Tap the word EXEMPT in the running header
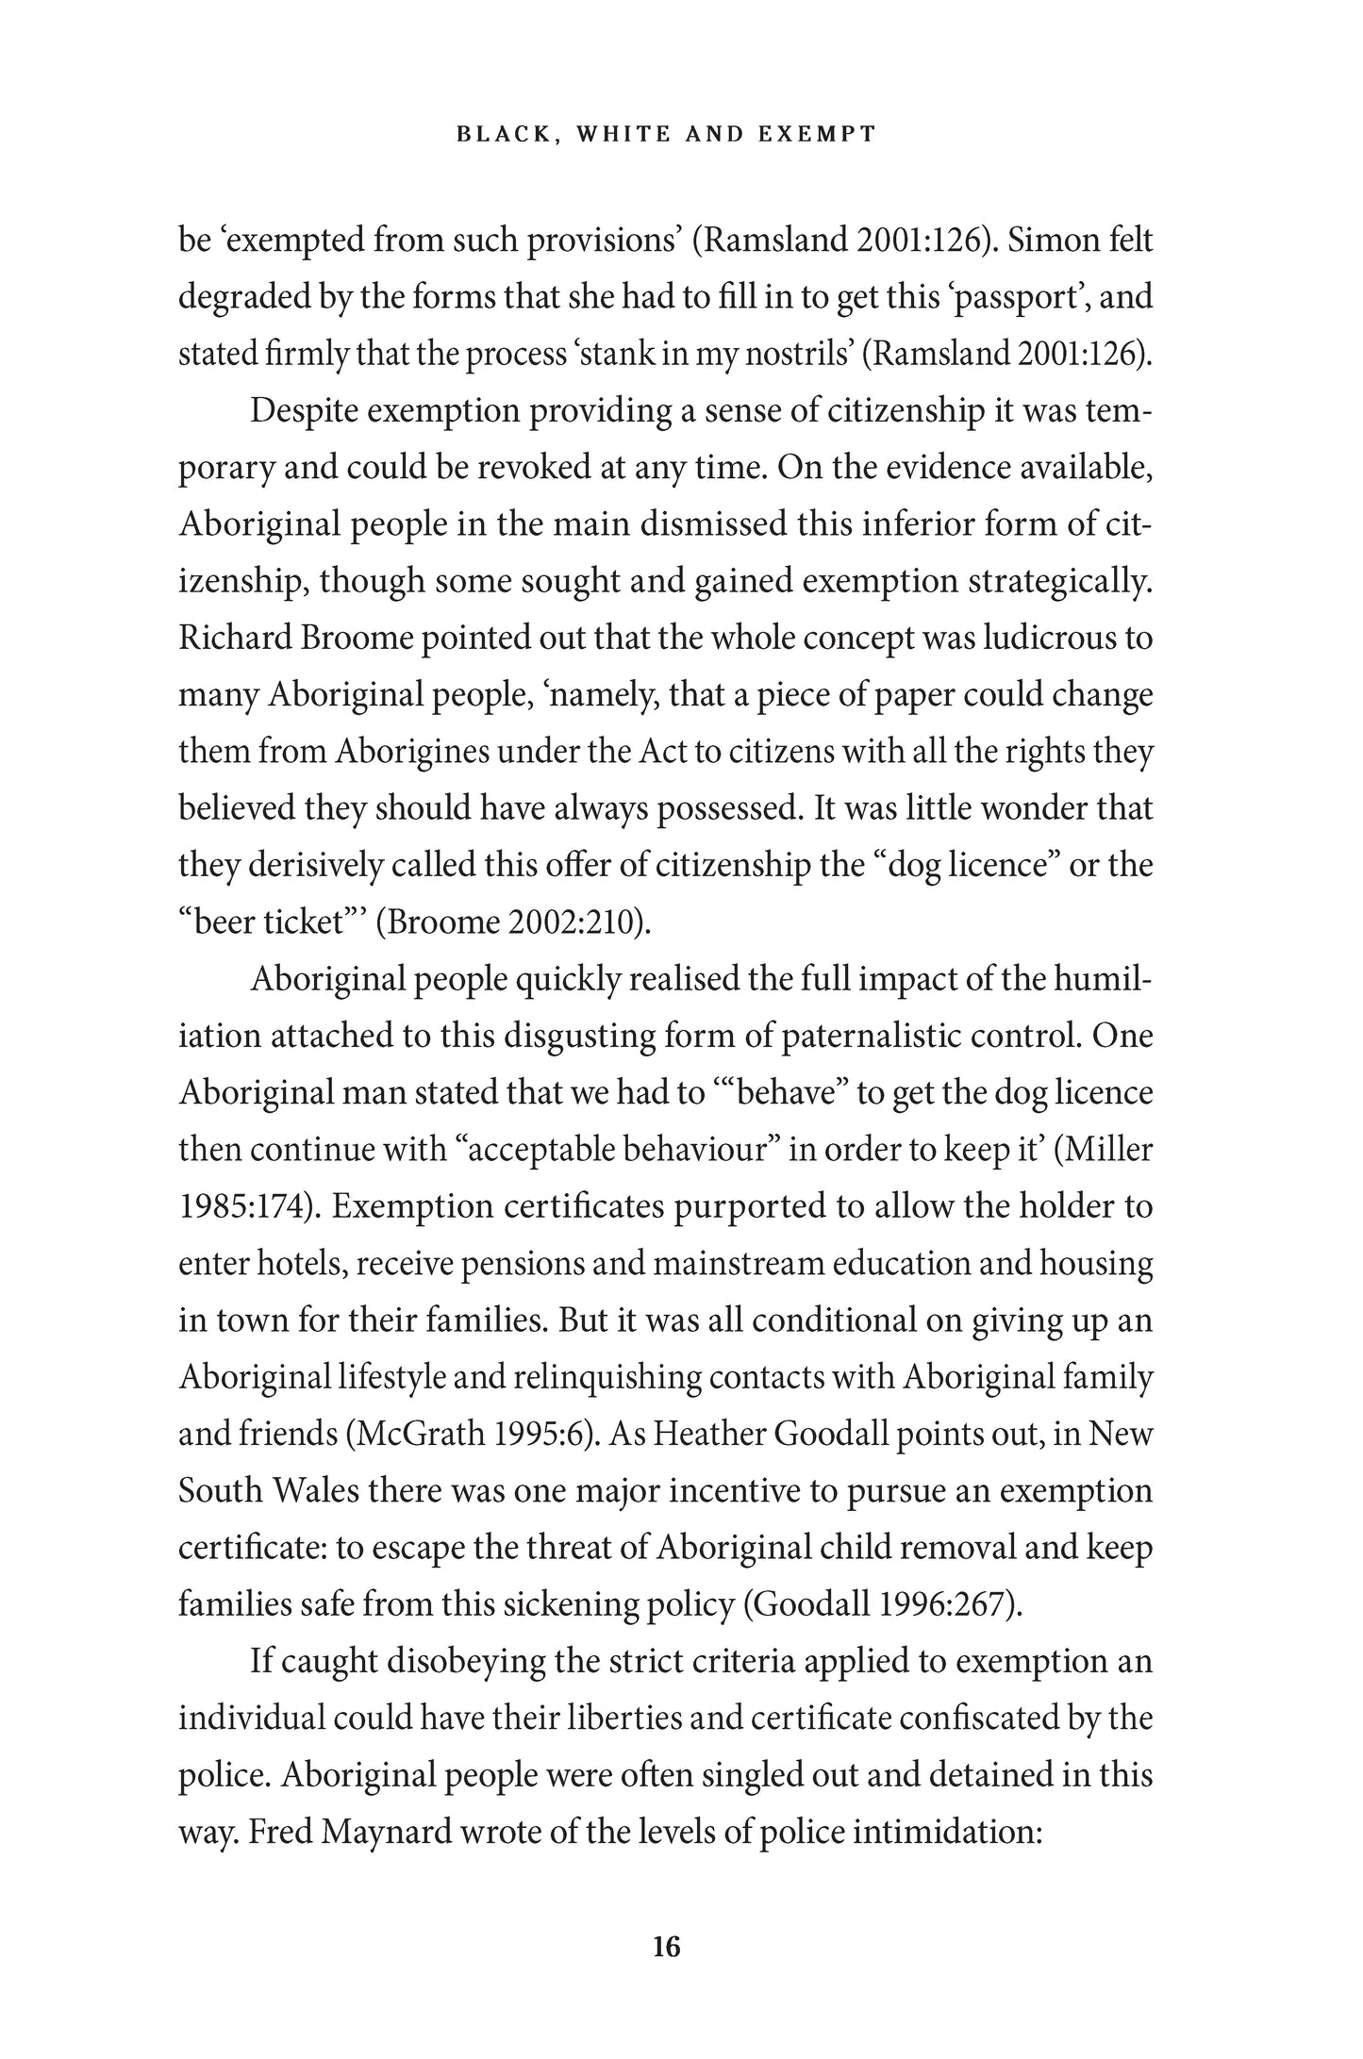pyautogui.click(x=817, y=134)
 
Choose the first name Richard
pyautogui.click(x=231, y=639)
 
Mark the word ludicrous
pyautogui.click(x=1048, y=639)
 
